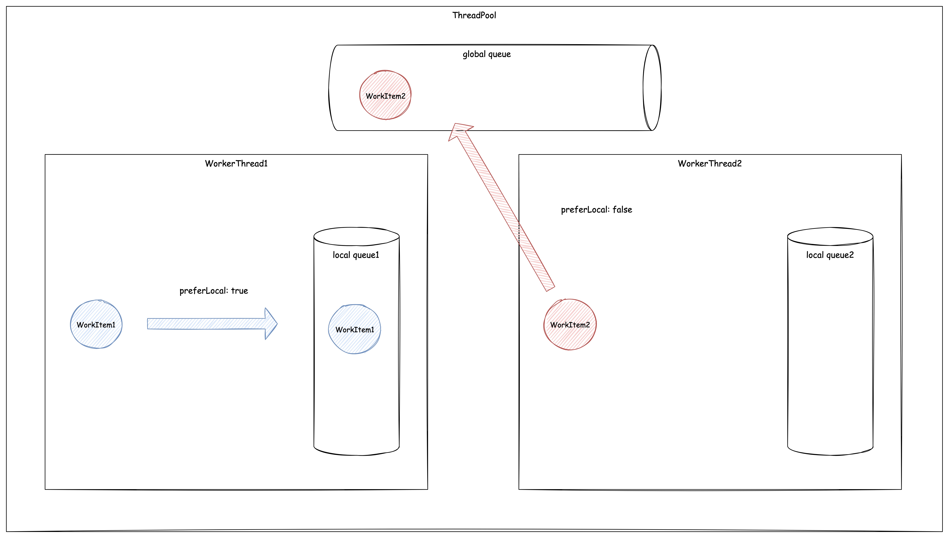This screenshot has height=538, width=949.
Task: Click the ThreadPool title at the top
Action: [474, 15]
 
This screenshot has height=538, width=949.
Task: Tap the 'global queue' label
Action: [487, 54]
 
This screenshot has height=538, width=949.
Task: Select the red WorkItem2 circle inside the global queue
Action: [385, 95]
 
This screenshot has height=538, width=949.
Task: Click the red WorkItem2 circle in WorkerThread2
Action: [570, 324]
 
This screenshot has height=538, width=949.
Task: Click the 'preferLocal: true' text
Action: [213, 291]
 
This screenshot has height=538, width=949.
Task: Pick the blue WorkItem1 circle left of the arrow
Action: [96, 324]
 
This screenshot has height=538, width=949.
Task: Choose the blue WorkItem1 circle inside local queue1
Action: [354, 329]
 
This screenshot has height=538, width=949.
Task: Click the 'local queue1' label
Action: [356, 255]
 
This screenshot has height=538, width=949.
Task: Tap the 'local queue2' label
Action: [830, 255]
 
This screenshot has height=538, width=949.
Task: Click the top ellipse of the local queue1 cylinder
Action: [356, 236]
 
